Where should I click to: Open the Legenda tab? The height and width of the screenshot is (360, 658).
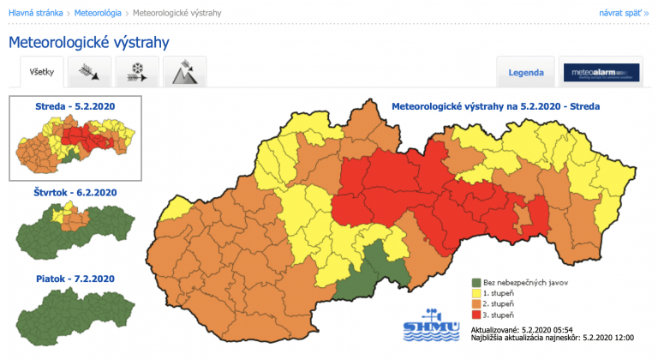coord(525,73)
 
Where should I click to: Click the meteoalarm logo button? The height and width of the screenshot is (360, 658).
coord(600,73)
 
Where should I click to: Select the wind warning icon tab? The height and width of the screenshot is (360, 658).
coord(89,73)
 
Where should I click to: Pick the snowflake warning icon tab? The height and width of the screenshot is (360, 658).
coord(137,73)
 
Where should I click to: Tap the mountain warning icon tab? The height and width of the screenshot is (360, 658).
coord(185,73)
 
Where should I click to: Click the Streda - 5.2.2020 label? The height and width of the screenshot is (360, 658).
coord(75,106)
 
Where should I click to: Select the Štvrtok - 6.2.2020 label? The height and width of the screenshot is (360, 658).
coord(75,193)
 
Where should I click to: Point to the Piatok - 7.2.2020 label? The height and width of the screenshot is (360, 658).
coord(75,279)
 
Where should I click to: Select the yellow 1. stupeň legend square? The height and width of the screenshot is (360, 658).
coord(475,291)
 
